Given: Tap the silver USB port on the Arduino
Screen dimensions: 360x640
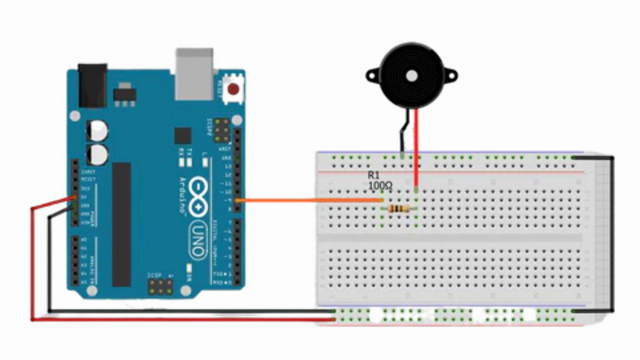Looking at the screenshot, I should tap(194, 74).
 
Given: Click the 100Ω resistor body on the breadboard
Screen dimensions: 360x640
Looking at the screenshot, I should tap(399, 209).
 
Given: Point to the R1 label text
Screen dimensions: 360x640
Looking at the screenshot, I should tap(373, 175).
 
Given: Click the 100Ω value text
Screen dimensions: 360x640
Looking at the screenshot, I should tap(379, 186).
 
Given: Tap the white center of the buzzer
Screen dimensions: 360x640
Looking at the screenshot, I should tap(411, 75).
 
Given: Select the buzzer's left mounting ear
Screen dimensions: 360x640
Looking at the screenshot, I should tap(372, 74).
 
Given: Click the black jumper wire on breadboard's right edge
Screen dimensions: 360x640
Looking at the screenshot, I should tap(612, 233).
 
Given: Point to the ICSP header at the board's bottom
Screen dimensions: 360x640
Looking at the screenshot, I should tap(160, 286).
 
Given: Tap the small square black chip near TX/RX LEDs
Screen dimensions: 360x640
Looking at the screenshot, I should tap(183, 136).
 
